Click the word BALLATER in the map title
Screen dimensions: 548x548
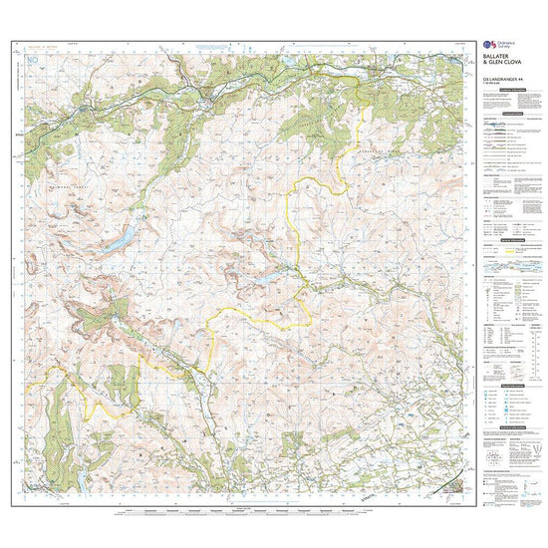(x=498, y=53)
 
